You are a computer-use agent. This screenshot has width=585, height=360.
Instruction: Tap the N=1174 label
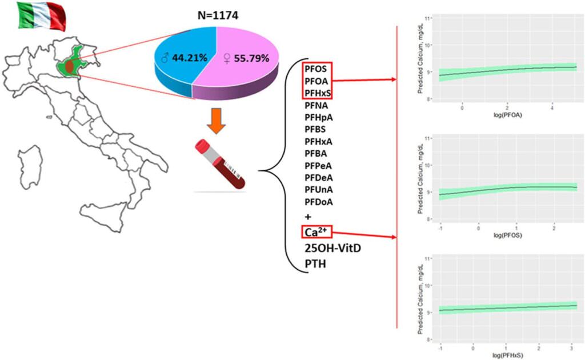215,15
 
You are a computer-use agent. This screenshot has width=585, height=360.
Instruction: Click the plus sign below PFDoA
309,217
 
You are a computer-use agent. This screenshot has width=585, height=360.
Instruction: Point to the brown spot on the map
69,67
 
